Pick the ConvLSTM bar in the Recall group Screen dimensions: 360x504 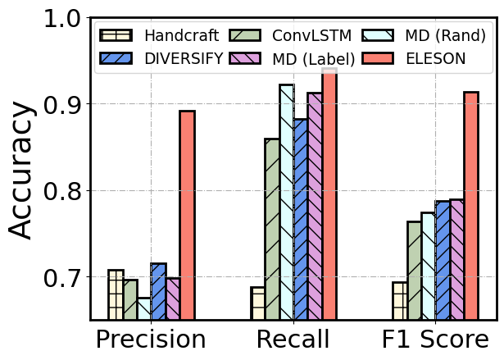tap(272, 229)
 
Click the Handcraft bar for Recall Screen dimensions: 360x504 tap(257, 303)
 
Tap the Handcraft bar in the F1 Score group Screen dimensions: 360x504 tap(399, 301)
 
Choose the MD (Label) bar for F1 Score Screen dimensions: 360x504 tap(456, 259)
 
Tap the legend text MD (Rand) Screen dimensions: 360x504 tap(446, 35)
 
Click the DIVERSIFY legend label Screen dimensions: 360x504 tap(183, 58)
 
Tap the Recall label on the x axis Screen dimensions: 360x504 tap(293, 339)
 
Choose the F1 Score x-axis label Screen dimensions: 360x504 tap(434, 339)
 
